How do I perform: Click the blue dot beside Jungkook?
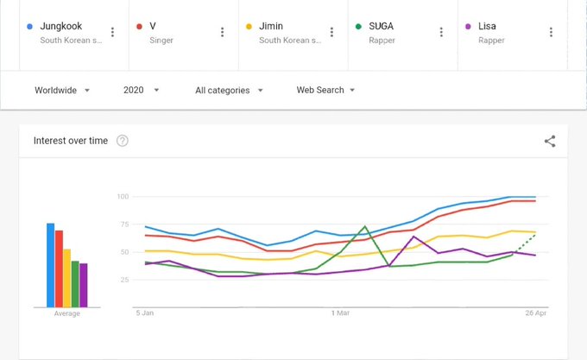pyautogui.click(x=31, y=27)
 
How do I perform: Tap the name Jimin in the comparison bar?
pyautogui.click(x=273, y=27)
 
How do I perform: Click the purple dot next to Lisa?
pyautogui.click(x=469, y=27)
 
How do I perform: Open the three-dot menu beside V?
pyautogui.click(x=222, y=32)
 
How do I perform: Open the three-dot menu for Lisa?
pyautogui.click(x=551, y=32)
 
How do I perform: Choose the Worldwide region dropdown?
pyautogui.click(x=62, y=90)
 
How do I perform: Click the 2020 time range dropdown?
pyautogui.click(x=142, y=90)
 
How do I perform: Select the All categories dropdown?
pyautogui.click(x=229, y=90)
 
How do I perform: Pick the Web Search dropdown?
pyautogui.click(x=325, y=90)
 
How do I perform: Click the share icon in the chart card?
pyautogui.click(x=550, y=142)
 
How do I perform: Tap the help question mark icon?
pyautogui.click(x=123, y=141)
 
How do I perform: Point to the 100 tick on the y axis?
pyautogui.click(x=122, y=197)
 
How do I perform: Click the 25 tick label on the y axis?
pyautogui.click(x=123, y=280)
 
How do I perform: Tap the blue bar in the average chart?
pyautogui.click(x=50, y=264)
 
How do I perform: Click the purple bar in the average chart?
pyautogui.click(x=84, y=285)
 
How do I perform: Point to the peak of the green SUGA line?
pyautogui.click(x=365, y=227)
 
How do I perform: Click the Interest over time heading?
pyautogui.click(x=70, y=141)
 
